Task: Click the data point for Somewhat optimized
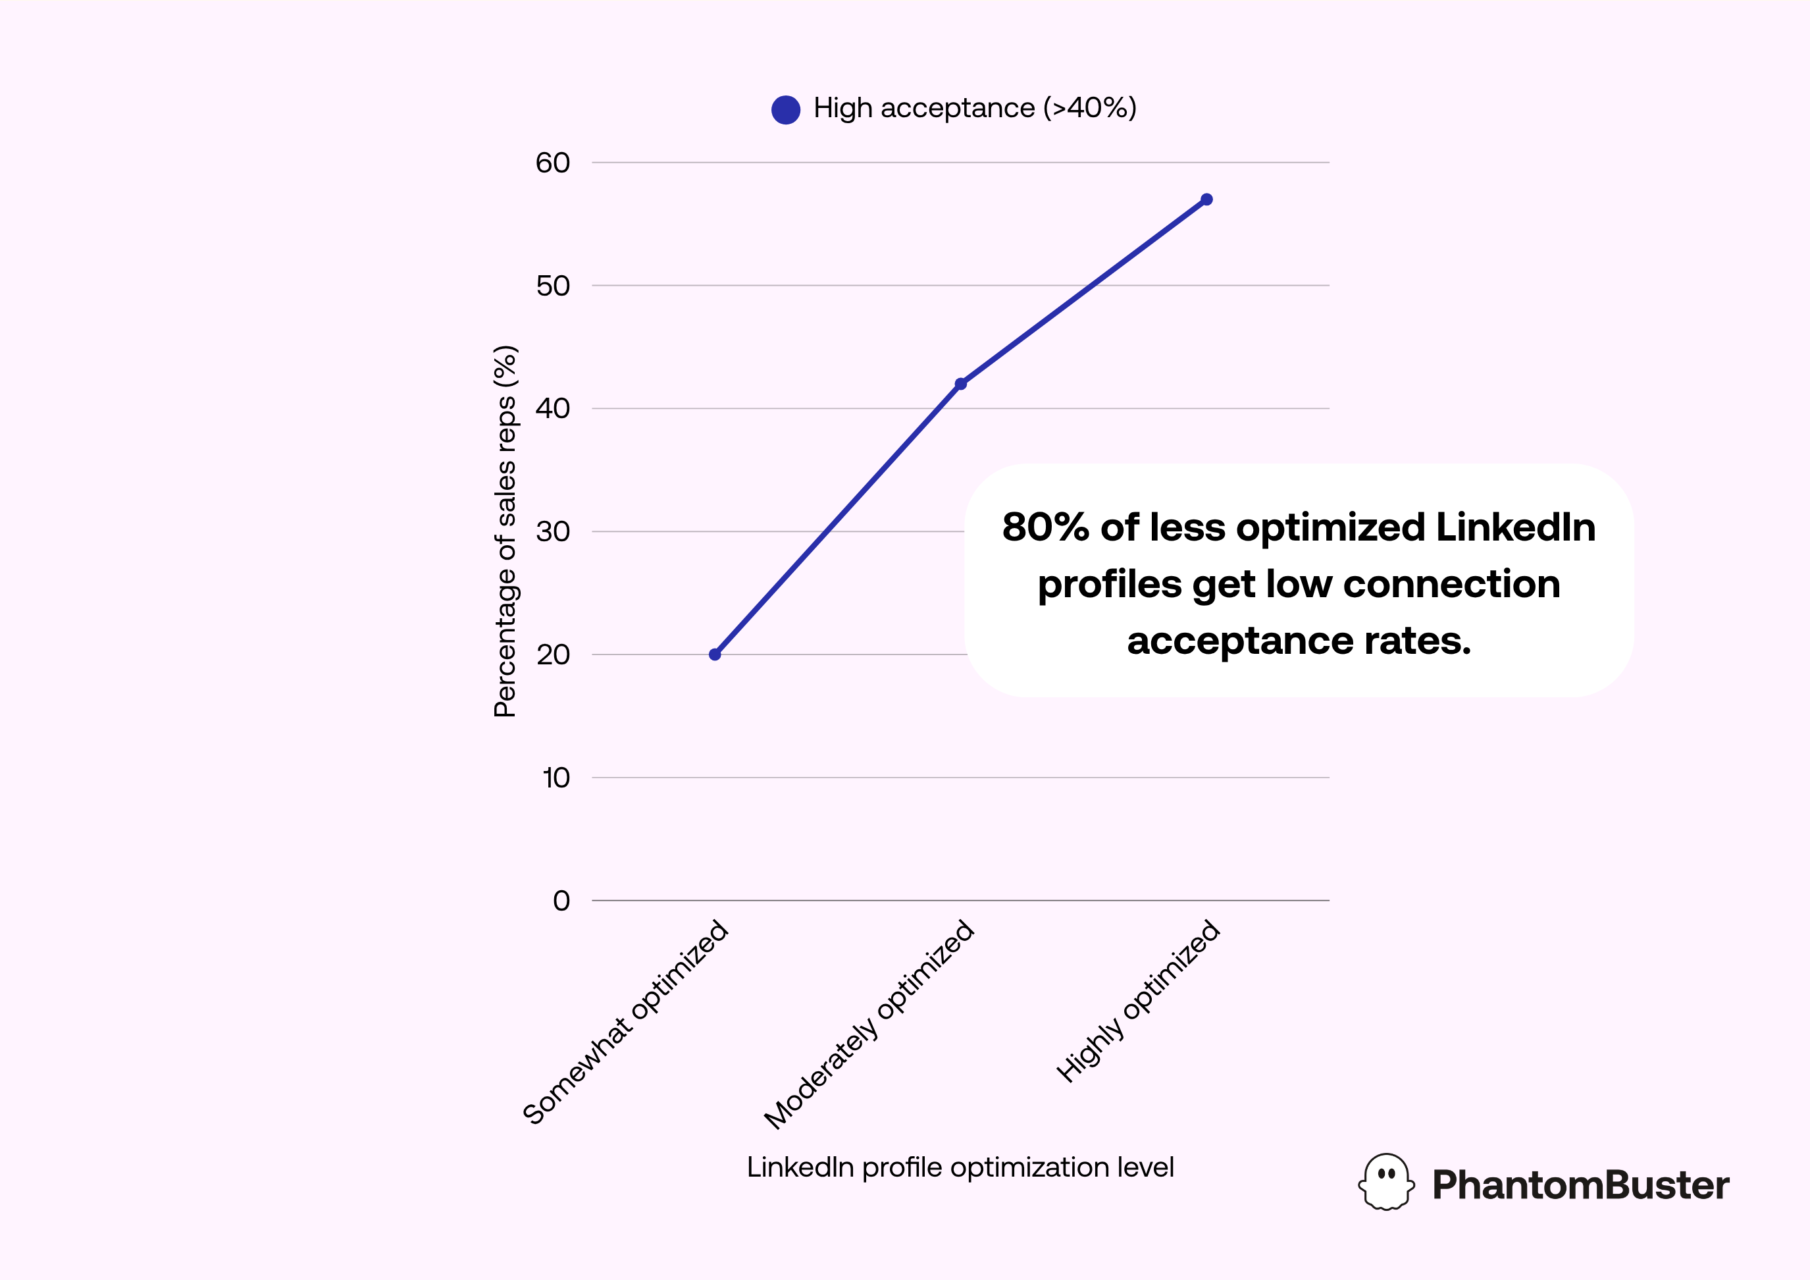point(715,654)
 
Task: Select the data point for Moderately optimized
point(960,384)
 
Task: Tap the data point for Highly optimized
point(1206,200)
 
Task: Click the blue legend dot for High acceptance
point(786,109)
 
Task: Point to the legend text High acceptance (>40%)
point(975,108)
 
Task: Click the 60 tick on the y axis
point(553,163)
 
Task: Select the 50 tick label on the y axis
point(553,286)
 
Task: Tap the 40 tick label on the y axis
point(553,408)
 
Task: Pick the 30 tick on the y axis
point(553,531)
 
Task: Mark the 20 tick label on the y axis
point(553,654)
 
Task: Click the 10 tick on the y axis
point(556,778)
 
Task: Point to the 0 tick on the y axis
point(561,901)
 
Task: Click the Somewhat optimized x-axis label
point(626,1022)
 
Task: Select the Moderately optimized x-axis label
point(869,1025)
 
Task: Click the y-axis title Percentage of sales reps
point(505,531)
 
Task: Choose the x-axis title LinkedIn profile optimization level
point(960,1167)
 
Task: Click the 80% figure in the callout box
point(1045,527)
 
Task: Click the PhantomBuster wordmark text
point(1580,1185)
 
